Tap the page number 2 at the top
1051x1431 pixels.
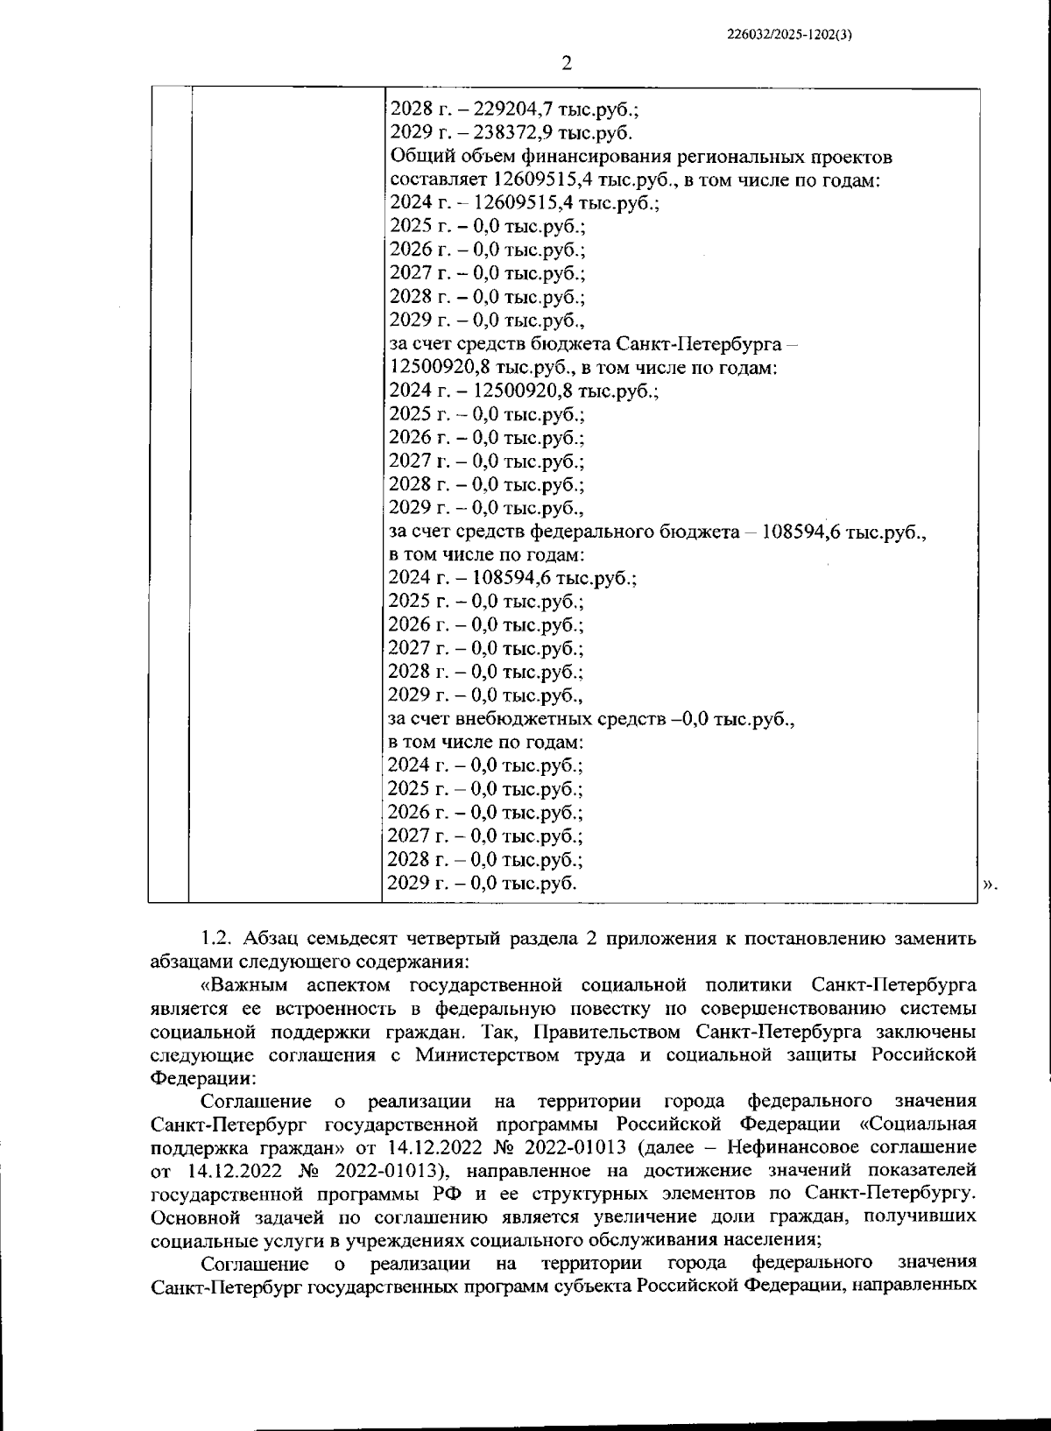click(566, 63)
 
